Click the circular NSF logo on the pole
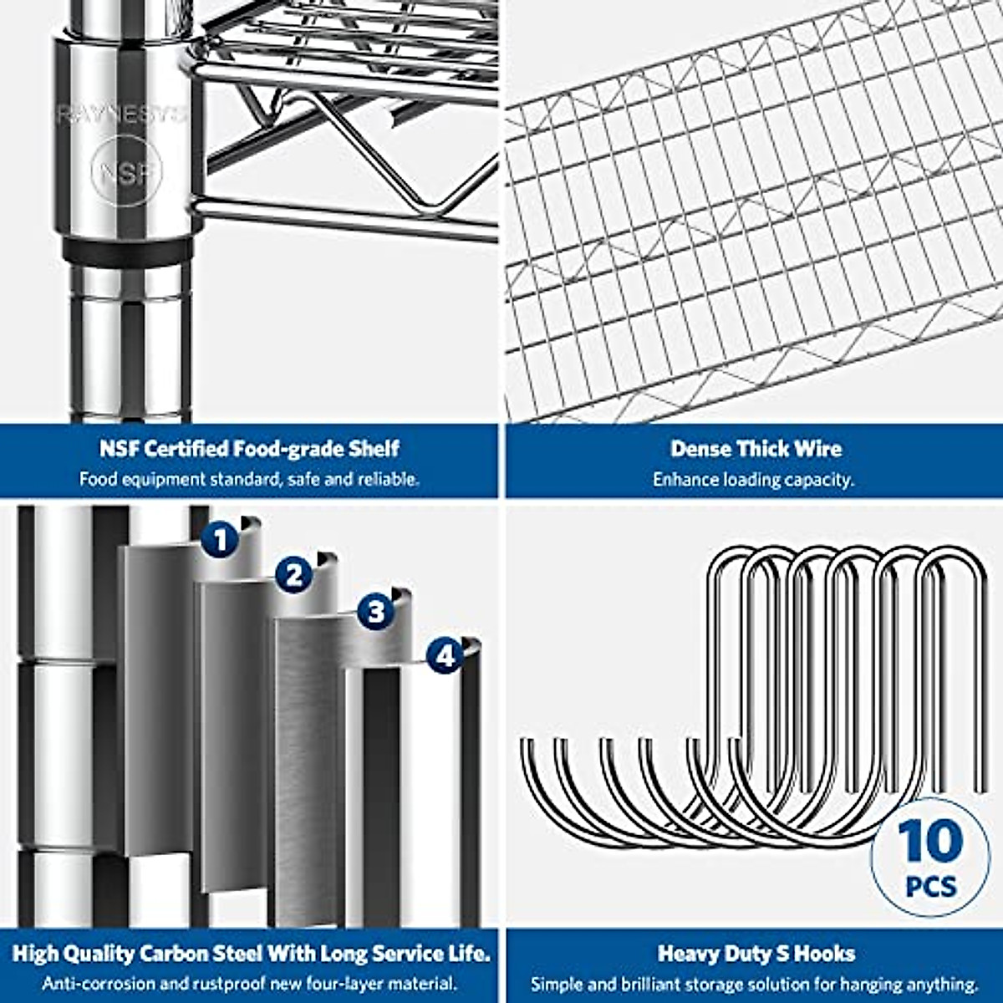coord(126,174)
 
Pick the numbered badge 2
coord(293,575)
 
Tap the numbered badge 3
coord(376,612)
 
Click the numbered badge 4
coord(445,656)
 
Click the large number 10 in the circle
coord(930,840)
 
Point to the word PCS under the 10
coord(931,884)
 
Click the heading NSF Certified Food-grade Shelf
coord(249,449)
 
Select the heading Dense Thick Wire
coord(756,449)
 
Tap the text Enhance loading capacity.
coord(753,480)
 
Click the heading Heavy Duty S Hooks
coord(756,954)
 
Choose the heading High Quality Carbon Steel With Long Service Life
coord(251,954)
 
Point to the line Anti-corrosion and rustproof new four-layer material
coord(249,984)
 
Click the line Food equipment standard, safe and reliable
coord(249,480)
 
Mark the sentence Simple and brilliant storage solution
coord(754,984)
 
